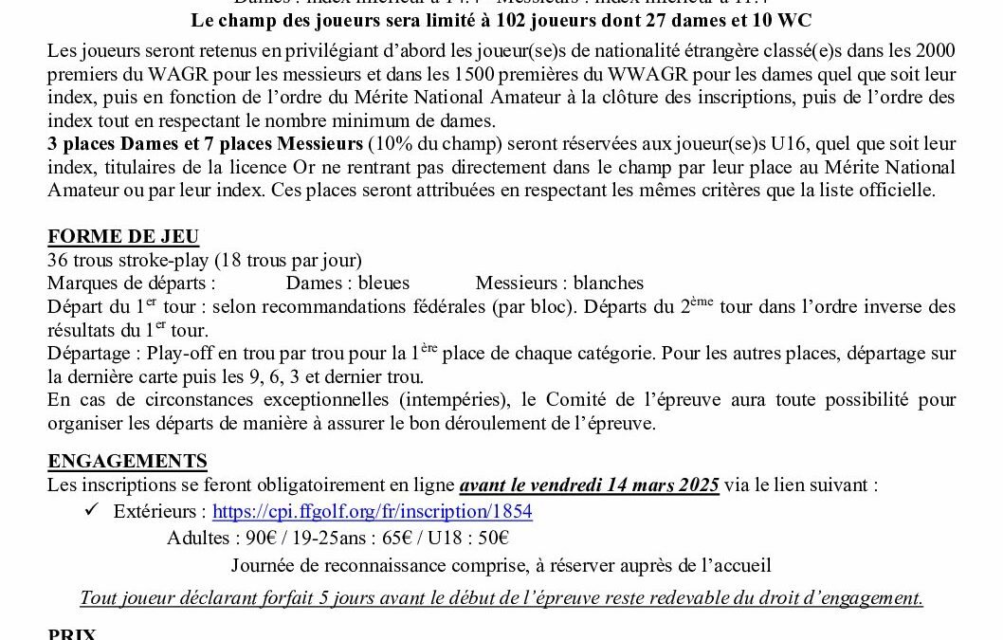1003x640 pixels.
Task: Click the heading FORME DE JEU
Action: click(123, 236)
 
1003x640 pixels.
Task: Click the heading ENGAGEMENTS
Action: click(127, 462)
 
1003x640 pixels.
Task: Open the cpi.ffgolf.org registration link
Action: click(372, 512)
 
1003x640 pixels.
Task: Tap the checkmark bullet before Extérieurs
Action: click(91, 511)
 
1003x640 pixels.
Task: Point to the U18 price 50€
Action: click(491, 538)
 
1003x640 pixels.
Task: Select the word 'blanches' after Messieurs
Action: click(608, 283)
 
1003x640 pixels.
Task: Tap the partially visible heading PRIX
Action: click(72, 633)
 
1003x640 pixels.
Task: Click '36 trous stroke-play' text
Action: click(124, 260)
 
